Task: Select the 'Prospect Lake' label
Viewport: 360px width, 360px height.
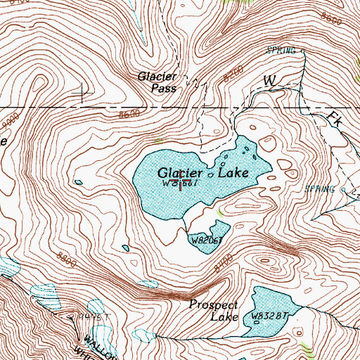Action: [x=214, y=311]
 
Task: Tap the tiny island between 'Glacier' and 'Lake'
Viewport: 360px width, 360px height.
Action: [x=210, y=173]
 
